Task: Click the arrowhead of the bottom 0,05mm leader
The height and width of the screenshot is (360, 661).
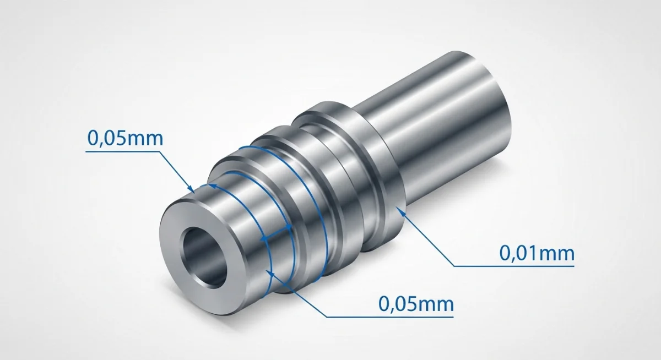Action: [x=270, y=271]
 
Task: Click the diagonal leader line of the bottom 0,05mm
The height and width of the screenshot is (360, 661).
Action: [x=297, y=294]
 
